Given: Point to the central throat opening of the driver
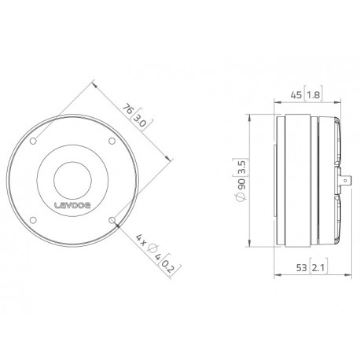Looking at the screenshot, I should click(x=75, y=179).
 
